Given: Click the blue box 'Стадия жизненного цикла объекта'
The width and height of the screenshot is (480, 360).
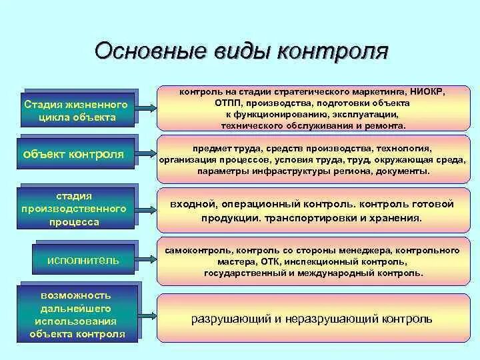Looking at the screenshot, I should point(77,111).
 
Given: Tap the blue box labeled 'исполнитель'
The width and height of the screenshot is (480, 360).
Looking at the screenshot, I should point(83,260).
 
